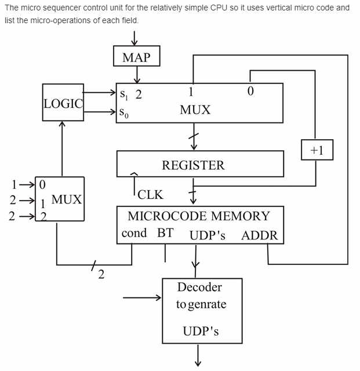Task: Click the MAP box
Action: pyautogui.click(x=136, y=57)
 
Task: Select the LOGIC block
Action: pyautogui.click(x=63, y=103)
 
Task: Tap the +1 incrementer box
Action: pyautogui.click(x=317, y=150)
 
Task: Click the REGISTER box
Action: pyautogui.click(x=193, y=165)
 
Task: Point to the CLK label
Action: pyautogui.click(x=150, y=195)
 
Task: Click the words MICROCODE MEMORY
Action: pyautogui.click(x=199, y=216)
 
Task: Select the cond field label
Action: pyautogui.click(x=134, y=234)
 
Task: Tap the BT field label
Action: pyautogui.click(x=165, y=234)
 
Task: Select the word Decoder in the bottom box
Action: pyautogui.click(x=199, y=287)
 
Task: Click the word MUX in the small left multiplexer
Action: pyautogui.click(x=67, y=200)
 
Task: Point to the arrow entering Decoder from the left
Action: pyautogui.click(x=143, y=299)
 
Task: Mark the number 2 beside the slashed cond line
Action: pyautogui.click(x=101, y=274)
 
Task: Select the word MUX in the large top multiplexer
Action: pyautogui.click(x=195, y=110)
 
